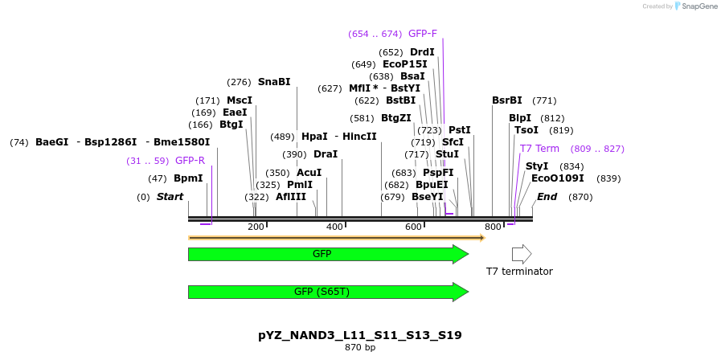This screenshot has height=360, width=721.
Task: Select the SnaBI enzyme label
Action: [x=274, y=82]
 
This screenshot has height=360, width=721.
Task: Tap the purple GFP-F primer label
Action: [x=423, y=34]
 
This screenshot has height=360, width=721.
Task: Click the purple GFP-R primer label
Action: [x=190, y=161]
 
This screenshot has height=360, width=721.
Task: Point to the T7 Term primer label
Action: [x=539, y=149]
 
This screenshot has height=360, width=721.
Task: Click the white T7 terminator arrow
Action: [x=522, y=255]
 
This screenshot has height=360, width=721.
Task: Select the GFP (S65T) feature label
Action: [x=321, y=292]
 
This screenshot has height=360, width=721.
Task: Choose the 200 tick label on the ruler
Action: [x=256, y=227]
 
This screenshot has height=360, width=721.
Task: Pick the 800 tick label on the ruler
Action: [x=493, y=227]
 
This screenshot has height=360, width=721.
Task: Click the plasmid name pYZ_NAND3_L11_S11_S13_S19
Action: [x=360, y=335]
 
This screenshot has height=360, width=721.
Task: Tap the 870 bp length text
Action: [x=360, y=348]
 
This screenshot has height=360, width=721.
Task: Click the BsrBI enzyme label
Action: [x=507, y=100]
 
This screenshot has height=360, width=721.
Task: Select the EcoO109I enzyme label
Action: [x=558, y=178]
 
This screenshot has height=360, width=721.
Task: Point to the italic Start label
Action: [x=170, y=197]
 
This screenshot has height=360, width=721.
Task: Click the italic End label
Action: [x=547, y=197]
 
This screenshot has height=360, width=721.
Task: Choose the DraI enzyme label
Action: [x=326, y=154]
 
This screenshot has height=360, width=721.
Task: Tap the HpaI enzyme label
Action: [x=314, y=137]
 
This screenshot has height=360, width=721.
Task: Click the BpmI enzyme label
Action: [x=188, y=178]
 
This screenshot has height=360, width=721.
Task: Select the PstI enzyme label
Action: [x=460, y=130]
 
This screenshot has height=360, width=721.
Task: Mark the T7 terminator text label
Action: [x=519, y=272]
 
